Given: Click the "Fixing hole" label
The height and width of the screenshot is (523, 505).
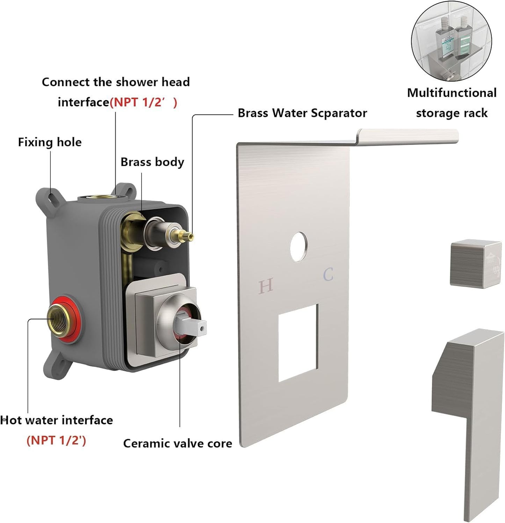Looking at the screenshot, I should pyautogui.click(x=50, y=142).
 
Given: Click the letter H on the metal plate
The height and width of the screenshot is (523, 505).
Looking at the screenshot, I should pyautogui.click(x=266, y=286).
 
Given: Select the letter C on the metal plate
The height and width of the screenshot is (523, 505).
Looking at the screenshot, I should pyautogui.click(x=328, y=274).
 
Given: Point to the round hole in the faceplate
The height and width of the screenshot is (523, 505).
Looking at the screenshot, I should pyautogui.click(x=298, y=246).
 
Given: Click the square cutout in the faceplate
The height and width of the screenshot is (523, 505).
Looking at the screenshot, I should pyautogui.click(x=298, y=342).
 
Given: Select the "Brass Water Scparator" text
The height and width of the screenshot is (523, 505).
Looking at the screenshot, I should pyautogui.click(x=302, y=113).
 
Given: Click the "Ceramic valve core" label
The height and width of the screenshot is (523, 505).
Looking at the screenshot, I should pyautogui.click(x=178, y=443).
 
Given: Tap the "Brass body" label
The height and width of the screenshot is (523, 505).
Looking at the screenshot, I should pyautogui.click(x=152, y=162).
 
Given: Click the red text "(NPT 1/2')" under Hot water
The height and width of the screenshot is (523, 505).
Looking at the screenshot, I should pyautogui.click(x=56, y=440).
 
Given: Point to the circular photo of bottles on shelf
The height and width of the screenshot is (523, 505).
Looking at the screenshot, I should pyautogui.click(x=451, y=41).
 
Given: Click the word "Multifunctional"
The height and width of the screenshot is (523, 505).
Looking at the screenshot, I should pyautogui.click(x=452, y=93).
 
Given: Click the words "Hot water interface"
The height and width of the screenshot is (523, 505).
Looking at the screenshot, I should pyautogui.click(x=57, y=420).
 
